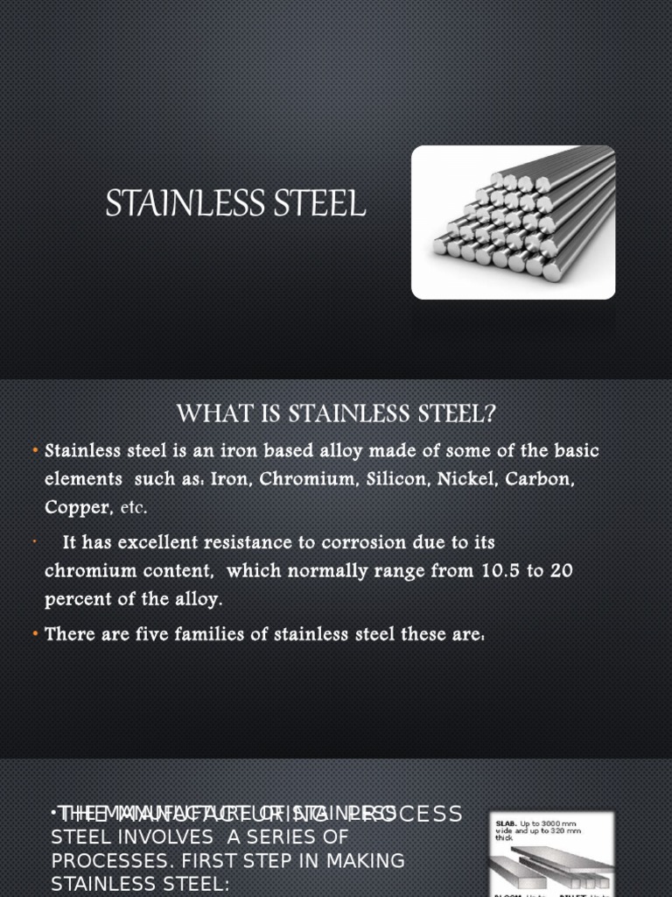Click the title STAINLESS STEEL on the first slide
(x=235, y=204)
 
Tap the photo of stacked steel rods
(x=514, y=222)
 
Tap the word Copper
(x=79, y=507)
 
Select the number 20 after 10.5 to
(x=563, y=571)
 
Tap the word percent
(x=77, y=600)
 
